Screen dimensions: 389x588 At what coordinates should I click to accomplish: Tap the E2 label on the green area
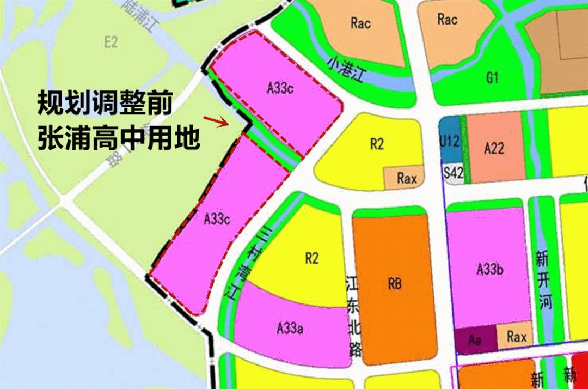pos(111,42)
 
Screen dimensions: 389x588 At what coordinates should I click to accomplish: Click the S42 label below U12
pos(453,174)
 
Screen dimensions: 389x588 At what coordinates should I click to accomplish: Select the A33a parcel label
pos(290,328)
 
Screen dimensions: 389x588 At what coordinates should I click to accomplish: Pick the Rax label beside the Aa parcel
pos(516,337)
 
